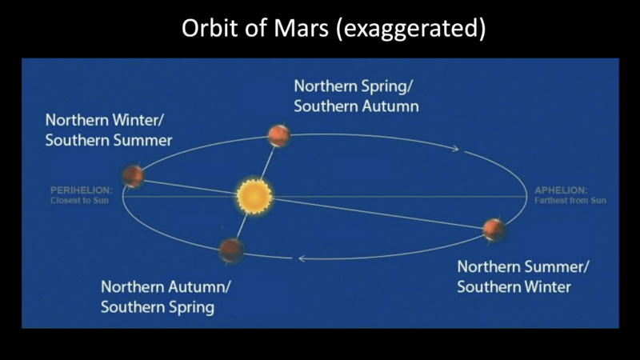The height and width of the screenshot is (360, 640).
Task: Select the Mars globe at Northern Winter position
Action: pos(134,175)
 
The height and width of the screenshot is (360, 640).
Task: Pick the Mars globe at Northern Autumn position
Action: pos(231,250)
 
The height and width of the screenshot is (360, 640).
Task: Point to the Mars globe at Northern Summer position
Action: pos(494,230)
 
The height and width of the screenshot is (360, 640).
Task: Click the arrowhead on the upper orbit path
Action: pos(455,149)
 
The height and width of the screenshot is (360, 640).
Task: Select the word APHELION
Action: pos(561,190)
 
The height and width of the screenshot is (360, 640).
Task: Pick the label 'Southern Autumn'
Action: pos(357,105)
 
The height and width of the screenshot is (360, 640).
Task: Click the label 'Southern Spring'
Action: pos(158,306)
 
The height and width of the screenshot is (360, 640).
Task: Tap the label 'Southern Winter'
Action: pos(514,286)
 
